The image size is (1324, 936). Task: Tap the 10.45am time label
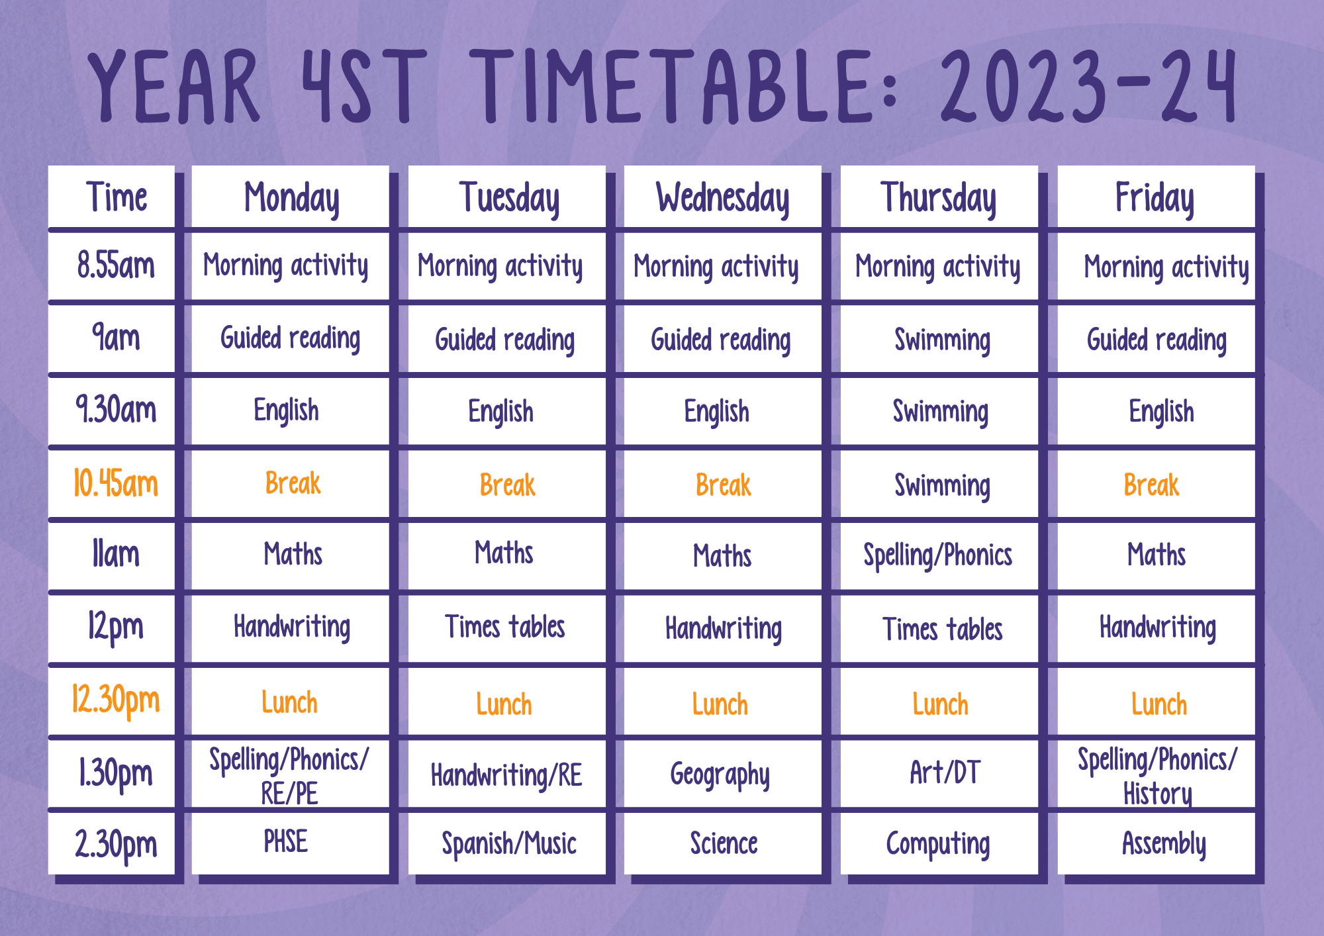click(x=116, y=483)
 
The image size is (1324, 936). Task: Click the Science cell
click(x=724, y=843)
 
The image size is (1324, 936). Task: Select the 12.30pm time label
click(x=116, y=701)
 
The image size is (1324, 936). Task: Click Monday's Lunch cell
click(x=289, y=702)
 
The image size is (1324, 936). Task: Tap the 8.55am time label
click(x=116, y=265)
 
